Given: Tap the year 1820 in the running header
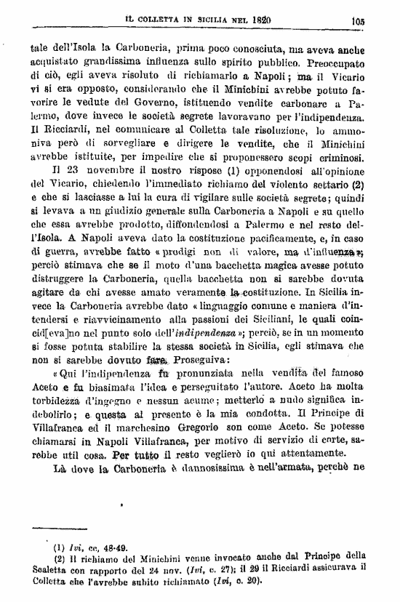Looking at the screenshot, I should (x=271, y=20).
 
